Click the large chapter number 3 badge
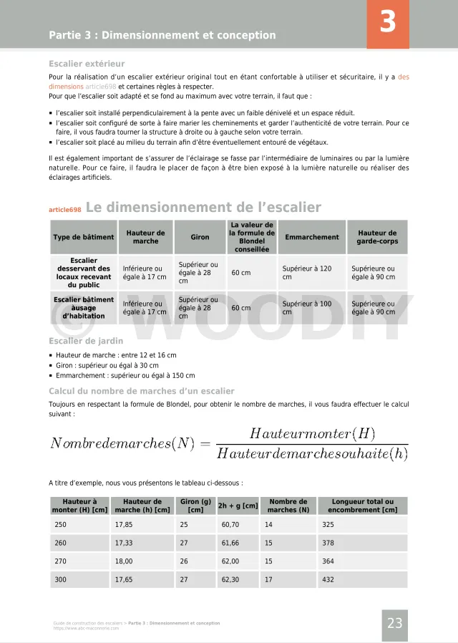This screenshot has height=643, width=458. click(388, 24)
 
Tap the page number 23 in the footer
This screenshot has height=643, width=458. click(395, 624)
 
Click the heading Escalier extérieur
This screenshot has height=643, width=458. click(87, 63)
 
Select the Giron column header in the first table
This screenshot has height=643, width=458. click(200, 237)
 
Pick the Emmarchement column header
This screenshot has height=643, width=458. click(312, 237)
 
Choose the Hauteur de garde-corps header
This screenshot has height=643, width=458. click(377, 237)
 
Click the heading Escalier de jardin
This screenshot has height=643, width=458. click(86, 342)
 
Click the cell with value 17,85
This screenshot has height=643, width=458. click(124, 525)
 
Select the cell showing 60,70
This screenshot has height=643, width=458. click(231, 525)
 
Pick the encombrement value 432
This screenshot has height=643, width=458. click(328, 580)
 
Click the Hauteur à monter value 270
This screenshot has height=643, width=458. click(61, 561)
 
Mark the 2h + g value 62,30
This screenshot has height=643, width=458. click(231, 580)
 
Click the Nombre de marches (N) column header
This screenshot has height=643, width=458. click(288, 506)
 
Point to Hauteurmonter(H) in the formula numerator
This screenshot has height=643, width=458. click(312, 434)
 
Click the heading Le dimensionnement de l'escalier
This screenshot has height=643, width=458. click(203, 208)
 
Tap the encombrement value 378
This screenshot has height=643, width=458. click(328, 543)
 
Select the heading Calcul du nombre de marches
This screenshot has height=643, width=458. click(141, 391)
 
